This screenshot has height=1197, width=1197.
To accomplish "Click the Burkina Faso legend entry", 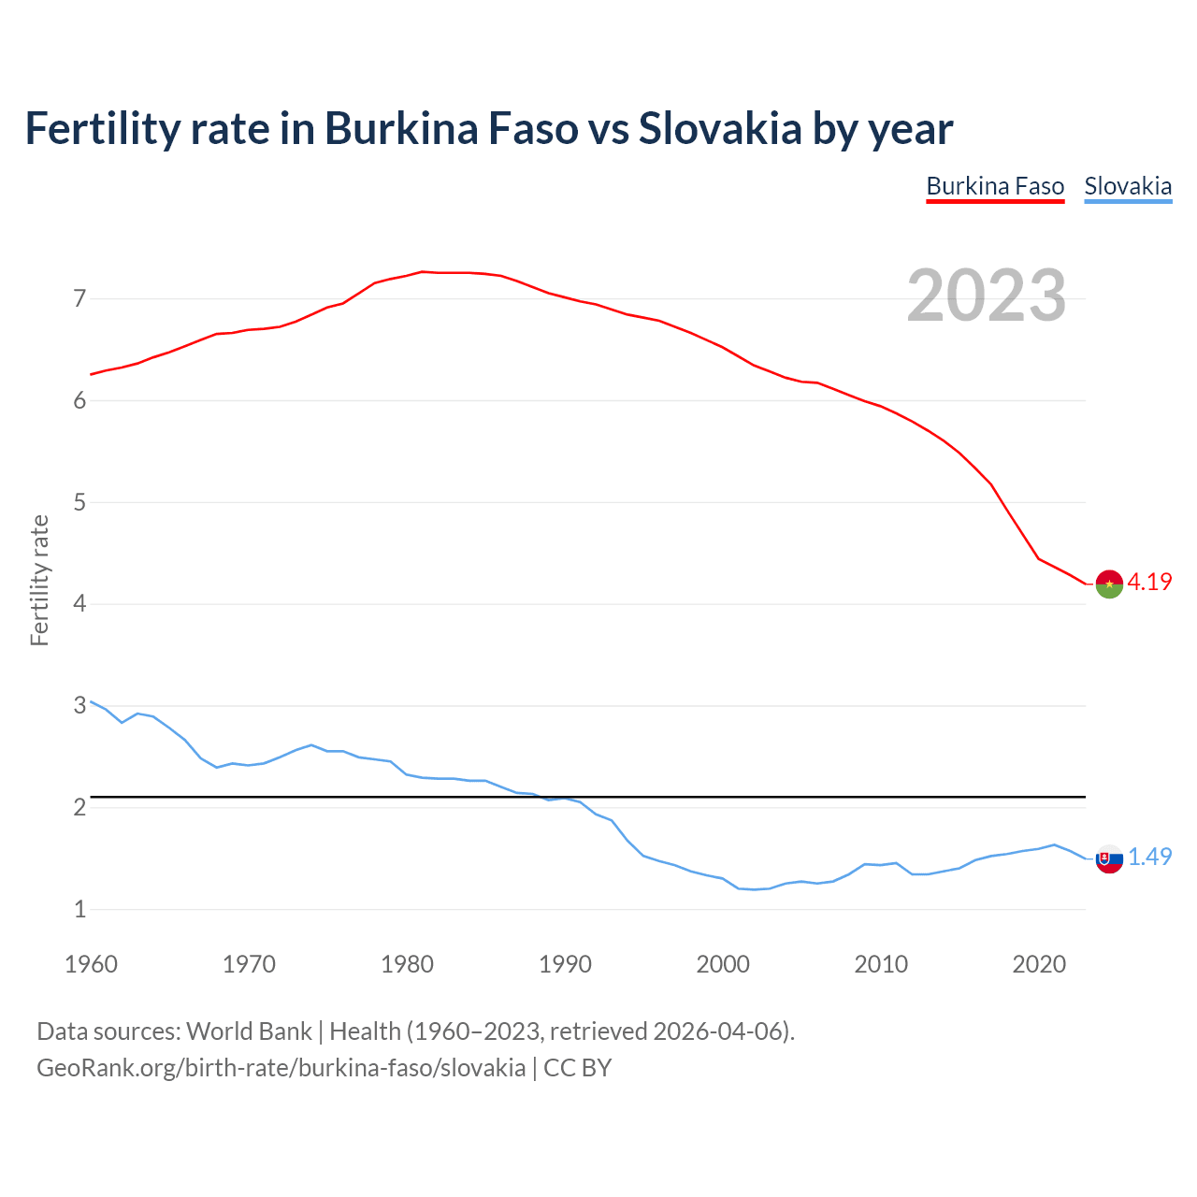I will tap(995, 186).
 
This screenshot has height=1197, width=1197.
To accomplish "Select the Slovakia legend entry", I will tap(1128, 186).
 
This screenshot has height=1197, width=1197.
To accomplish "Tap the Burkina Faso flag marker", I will tap(1109, 584).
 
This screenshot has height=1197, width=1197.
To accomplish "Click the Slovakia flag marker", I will tap(1109, 858).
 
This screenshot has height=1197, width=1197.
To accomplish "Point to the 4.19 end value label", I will tap(1149, 582).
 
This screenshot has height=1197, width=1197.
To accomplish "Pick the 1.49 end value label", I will tap(1149, 857).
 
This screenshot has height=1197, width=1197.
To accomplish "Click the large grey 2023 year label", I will tap(986, 296).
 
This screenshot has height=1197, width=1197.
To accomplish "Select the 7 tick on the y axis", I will tap(79, 299).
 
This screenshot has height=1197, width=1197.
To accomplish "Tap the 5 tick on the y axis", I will tap(79, 503).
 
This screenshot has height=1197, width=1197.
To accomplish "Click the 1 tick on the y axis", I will tap(79, 909).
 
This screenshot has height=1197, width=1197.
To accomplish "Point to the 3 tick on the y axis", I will tap(79, 706).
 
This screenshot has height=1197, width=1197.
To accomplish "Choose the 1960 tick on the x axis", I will tap(91, 964).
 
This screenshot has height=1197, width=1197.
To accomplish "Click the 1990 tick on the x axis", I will tap(565, 964).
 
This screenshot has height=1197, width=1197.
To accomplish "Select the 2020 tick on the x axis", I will tap(1039, 964).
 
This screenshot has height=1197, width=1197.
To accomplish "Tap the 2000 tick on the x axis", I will tap(723, 964).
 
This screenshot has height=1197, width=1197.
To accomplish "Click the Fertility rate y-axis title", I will tap(39, 580).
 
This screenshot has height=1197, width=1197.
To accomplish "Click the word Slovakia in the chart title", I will tap(720, 129).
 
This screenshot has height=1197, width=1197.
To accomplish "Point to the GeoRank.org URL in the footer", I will tap(281, 1068).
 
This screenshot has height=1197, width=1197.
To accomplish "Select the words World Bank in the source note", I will tap(249, 1031).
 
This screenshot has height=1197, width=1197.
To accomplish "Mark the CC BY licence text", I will tap(577, 1068).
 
